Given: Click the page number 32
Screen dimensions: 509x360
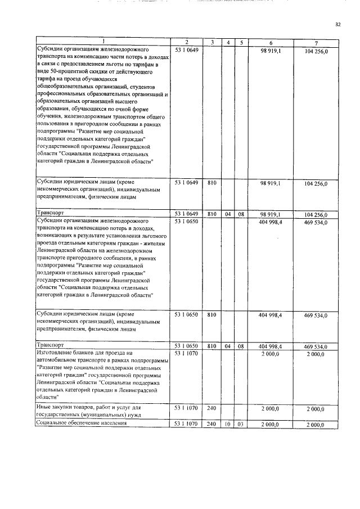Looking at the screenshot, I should [x=338, y=24].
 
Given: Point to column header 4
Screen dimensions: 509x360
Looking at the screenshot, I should [x=227, y=43].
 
